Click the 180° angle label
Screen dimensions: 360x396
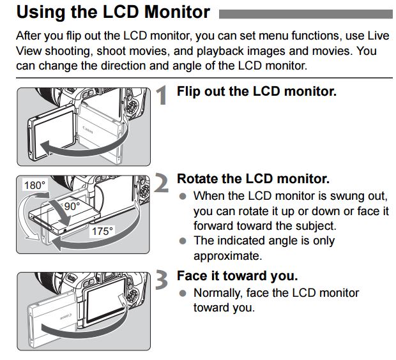click(x=34, y=186)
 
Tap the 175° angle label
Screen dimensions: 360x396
click(x=102, y=232)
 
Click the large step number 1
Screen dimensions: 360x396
click(x=164, y=96)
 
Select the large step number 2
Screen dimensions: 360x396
click(x=164, y=183)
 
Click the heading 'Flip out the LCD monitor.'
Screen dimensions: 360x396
click(x=256, y=91)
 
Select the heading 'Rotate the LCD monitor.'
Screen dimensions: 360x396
click(x=252, y=179)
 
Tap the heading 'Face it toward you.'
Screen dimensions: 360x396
click(x=237, y=276)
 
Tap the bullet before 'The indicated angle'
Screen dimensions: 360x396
click(x=183, y=241)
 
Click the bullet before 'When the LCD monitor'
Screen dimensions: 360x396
click(x=183, y=196)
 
